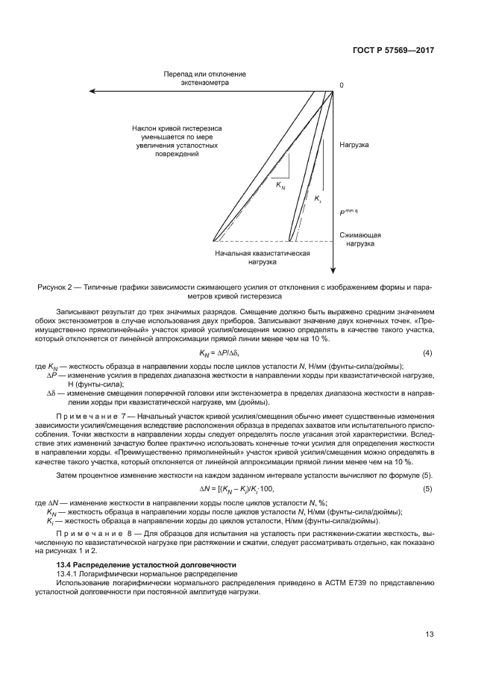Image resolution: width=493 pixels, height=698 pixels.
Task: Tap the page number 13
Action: [430, 635]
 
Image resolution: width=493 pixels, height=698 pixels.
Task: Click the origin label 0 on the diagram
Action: [342, 85]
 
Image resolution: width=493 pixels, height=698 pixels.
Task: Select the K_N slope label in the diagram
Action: [280, 184]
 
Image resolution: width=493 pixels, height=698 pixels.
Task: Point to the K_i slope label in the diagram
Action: [318, 199]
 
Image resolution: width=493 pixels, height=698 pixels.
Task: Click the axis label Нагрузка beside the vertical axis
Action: [354, 144]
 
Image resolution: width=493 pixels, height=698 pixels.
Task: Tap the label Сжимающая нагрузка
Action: [359, 239]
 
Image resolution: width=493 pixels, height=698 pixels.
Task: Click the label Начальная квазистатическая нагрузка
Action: [263, 258]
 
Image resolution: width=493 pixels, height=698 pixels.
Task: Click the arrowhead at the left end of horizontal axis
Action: [39, 91]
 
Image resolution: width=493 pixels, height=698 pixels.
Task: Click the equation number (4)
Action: [428, 352]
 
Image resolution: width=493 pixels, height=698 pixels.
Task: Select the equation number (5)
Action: [428, 488]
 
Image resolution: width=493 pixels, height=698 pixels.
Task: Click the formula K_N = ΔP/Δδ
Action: [219, 352]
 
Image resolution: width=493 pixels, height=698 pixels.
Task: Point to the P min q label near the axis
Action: [348, 213]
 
